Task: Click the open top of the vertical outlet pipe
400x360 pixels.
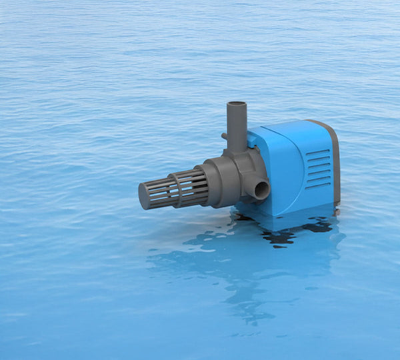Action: (x=237, y=105)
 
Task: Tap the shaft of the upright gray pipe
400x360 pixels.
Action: (x=237, y=127)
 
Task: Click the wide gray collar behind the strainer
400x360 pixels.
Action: (x=213, y=181)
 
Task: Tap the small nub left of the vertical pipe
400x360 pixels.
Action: (x=225, y=137)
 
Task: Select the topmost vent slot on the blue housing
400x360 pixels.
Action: (x=318, y=153)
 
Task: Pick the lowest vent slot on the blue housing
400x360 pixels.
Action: (x=318, y=185)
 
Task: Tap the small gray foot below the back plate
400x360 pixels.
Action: (x=337, y=211)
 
